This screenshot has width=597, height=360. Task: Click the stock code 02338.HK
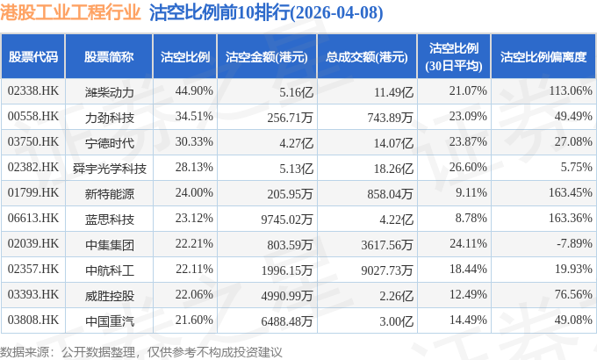click(33, 91)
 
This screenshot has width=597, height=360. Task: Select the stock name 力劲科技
click(109, 118)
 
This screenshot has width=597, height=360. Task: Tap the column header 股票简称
click(109, 57)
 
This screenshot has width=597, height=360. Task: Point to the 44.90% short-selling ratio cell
click(194, 91)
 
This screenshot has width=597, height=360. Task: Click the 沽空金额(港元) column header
click(267, 57)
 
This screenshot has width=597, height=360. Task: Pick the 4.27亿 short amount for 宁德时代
click(296, 143)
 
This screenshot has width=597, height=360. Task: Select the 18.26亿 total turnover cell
click(393, 169)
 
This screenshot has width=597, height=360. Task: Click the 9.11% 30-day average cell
click(471, 193)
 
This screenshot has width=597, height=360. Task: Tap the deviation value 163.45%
click(570, 193)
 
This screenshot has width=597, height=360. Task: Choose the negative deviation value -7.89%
click(574, 243)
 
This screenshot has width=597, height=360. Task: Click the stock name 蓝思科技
click(109, 220)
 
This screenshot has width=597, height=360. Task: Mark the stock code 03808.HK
click(33, 320)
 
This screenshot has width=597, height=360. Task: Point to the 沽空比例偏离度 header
click(543, 57)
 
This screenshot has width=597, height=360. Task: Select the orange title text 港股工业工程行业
click(70, 12)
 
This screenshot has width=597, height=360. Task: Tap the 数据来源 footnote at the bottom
click(140, 352)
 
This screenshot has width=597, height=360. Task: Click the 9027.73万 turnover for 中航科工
click(387, 270)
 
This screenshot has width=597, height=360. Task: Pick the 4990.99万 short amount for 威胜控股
click(287, 296)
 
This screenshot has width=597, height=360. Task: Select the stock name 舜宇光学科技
click(109, 169)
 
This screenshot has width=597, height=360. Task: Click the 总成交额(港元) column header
click(367, 57)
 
